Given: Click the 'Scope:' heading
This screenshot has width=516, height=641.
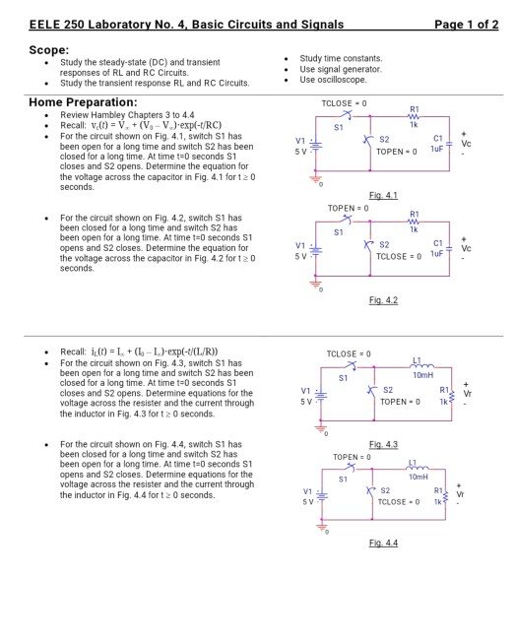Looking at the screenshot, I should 49,49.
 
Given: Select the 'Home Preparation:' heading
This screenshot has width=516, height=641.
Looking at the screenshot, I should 78,101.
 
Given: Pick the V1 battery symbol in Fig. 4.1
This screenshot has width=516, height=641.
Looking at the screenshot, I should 316,148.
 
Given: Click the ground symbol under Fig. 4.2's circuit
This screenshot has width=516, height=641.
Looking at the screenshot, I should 317,283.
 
